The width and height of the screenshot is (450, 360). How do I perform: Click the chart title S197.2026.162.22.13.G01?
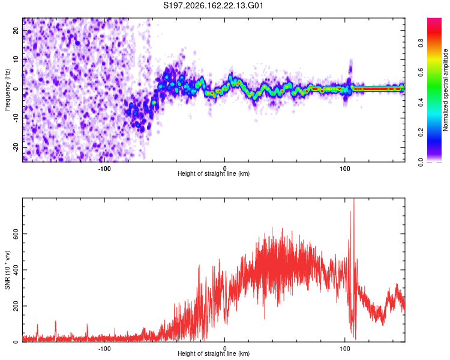213,5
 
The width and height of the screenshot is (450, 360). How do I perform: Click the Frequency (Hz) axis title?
7,90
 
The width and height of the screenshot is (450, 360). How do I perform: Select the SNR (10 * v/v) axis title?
7,270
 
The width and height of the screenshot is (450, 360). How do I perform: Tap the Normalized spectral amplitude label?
445,90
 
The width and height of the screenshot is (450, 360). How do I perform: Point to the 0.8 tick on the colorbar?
421,43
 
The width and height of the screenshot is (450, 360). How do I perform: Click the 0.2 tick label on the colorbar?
421,133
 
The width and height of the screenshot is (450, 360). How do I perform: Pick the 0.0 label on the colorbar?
421,162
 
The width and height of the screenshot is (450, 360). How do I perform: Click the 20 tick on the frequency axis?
16,31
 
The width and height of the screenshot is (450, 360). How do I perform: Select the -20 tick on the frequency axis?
16,147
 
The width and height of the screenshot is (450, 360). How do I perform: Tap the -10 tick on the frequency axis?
16,118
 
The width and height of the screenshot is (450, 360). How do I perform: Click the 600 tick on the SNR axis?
16,233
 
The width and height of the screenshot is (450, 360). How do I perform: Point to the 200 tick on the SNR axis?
16,306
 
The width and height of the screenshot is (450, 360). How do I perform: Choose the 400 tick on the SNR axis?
16,270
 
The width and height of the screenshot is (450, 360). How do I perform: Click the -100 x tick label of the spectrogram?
104,169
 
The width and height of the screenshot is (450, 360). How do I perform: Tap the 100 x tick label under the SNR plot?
344,349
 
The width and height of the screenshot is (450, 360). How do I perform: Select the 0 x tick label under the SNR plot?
225,349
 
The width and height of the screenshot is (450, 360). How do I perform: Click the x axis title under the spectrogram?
214,173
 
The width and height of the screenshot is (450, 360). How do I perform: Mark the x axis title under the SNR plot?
214,353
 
